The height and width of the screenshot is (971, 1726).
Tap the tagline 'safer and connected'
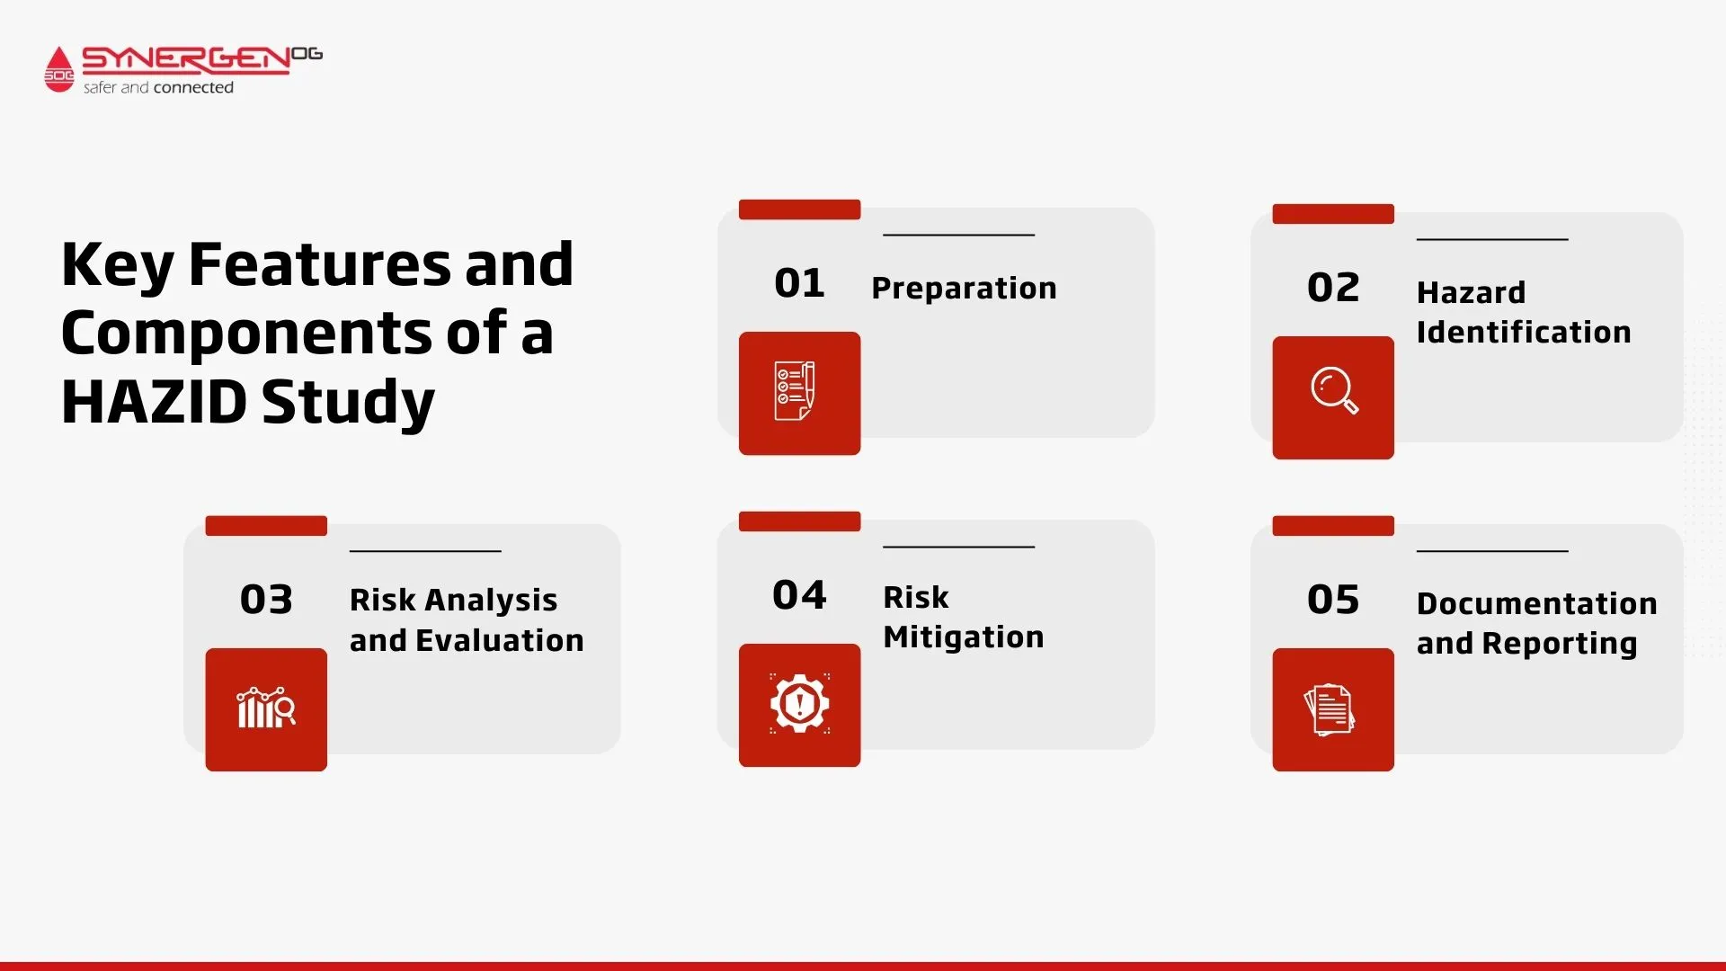[158, 87]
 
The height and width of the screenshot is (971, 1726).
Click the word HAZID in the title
[154, 401]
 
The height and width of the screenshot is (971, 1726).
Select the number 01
[799, 283]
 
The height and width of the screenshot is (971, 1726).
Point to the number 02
[1333, 288]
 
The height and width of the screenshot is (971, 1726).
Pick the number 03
[266, 600]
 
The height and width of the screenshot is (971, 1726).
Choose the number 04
[799, 595]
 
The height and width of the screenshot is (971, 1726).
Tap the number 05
[1333, 600]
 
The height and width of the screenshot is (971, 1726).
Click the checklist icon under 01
[795, 391]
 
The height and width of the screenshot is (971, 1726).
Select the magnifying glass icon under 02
[1334, 390]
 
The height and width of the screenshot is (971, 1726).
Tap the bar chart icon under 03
[266, 708]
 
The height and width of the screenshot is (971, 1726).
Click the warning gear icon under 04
[799, 703]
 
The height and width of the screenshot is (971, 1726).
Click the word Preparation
[964, 289]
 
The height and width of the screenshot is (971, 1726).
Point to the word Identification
[1524, 332]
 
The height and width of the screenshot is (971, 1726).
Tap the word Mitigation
[964, 637]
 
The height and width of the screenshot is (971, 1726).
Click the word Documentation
[1537, 603]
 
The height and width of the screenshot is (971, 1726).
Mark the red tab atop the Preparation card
[799, 209]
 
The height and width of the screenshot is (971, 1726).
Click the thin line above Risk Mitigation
[959, 547]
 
